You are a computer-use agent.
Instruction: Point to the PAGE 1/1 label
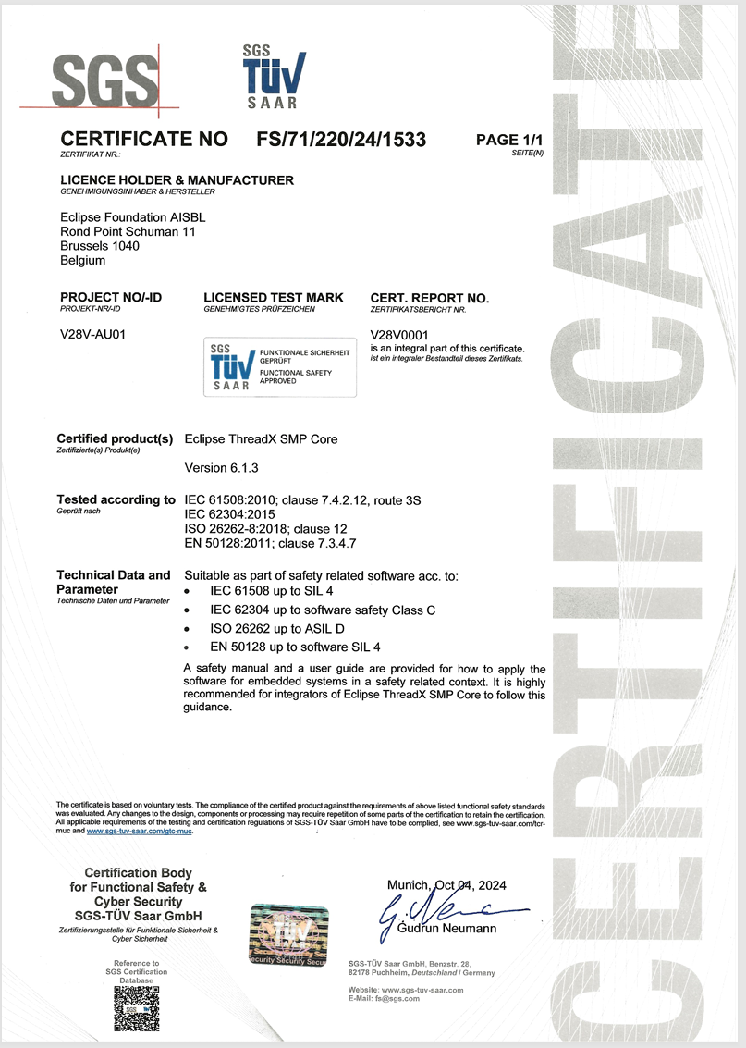(509, 140)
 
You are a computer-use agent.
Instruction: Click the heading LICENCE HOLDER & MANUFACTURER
(177, 179)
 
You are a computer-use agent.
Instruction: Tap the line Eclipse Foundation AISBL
(132, 217)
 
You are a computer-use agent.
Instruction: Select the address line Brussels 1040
(100, 246)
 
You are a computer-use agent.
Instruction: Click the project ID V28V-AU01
(92, 334)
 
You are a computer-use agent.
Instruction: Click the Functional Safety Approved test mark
(279, 366)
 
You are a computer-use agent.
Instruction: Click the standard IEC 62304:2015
(230, 513)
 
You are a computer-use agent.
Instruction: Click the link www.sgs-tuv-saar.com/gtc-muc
(140, 832)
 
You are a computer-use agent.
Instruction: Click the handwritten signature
(434, 911)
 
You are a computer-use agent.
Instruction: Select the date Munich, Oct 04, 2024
(446, 885)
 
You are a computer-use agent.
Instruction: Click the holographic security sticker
(288, 935)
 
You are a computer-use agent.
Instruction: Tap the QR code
(137, 1007)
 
